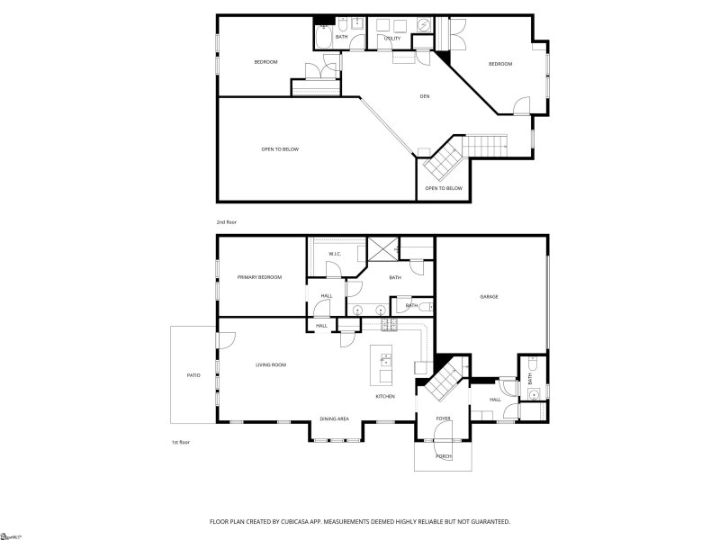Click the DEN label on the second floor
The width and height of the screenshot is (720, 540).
(x=424, y=96)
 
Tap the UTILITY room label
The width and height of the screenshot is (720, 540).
(x=392, y=39)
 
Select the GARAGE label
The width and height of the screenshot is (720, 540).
(x=489, y=297)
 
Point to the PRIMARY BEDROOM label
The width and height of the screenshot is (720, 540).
(x=259, y=277)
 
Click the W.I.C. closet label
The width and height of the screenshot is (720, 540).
(x=334, y=254)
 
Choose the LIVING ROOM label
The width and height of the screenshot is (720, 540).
(x=270, y=364)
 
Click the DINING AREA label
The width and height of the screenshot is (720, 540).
(x=335, y=419)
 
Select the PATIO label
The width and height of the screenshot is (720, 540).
(x=193, y=375)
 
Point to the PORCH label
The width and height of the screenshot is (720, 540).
(x=444, y=456)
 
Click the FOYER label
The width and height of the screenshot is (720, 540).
(x=444, y=418)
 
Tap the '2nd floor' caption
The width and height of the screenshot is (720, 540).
(x=226, y=221)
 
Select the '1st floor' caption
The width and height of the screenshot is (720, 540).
(x=181, y=442)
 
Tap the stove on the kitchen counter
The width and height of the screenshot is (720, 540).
(x=389, y=324)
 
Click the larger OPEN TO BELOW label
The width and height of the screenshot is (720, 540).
(x=280, y=149)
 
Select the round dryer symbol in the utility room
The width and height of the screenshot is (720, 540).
(x=424, y=24)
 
